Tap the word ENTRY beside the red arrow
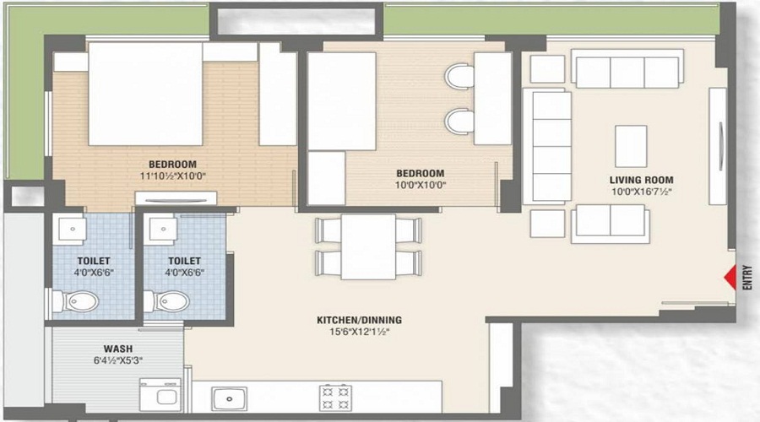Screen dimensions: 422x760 tap(746, 279)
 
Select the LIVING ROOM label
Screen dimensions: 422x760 tap(642, 180)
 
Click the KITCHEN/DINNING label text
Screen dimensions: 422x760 tap(359, 320)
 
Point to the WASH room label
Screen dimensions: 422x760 tap(117, 349)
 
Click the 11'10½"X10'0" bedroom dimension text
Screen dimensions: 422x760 tap(172, 177)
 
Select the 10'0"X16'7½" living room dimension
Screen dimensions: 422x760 tap(642, 192)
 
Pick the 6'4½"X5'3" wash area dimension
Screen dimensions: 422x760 tap(117, 360)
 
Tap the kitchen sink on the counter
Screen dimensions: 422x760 tap(229, 397)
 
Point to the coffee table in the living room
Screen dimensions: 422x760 tap(631, 146)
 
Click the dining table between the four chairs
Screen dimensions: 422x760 tap(368, 246)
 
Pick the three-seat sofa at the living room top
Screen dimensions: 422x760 tap(626, 71)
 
